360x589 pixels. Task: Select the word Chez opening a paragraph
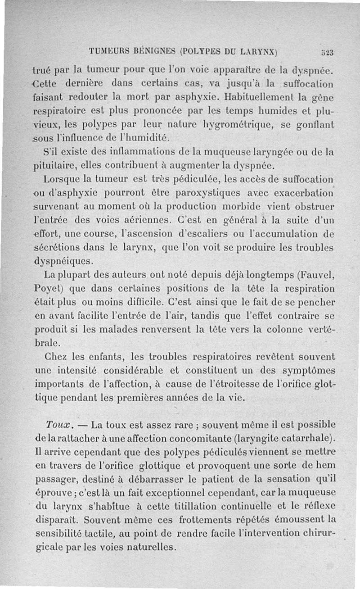click(x=58, y=357)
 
